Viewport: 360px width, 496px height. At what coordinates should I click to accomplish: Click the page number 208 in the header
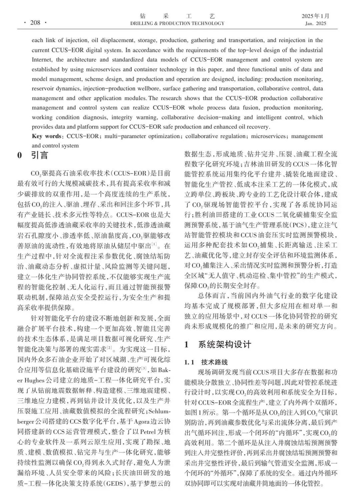(x=35, y=23)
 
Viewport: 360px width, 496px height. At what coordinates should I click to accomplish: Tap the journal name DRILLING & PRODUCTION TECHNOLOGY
(x=177, y=24)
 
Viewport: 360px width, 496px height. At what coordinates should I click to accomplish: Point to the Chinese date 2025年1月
(x=315, y=16)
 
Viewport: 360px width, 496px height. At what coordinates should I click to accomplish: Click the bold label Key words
(x=46, y=136)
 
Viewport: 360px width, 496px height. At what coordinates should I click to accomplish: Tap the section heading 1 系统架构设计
(x=218, y=344)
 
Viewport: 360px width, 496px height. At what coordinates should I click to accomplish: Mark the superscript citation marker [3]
(x=144, y=368)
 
